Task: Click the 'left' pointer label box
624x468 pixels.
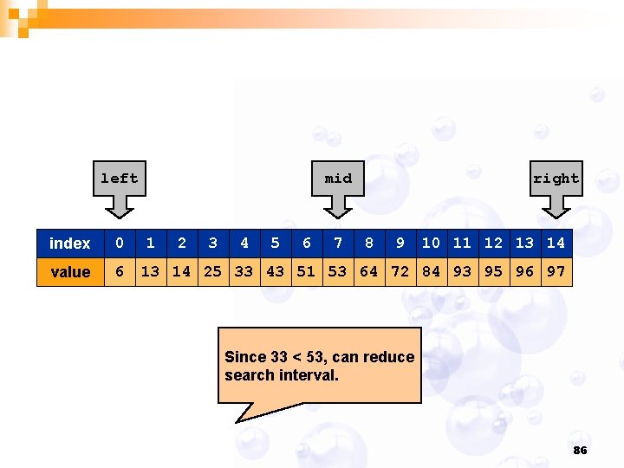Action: tap(120, 179)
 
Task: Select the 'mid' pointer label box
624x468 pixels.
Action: tap(338, 179)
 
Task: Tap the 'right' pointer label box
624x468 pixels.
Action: tap(556, 179)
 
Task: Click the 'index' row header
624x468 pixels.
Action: tap(70, 244)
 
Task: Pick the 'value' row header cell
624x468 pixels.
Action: tap(70, 272)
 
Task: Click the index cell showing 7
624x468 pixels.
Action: tap(338, 244)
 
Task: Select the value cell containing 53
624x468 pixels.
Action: tap(338, 272)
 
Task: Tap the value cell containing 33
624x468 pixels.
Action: tap(244, 272)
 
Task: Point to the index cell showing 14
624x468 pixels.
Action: tap(556, 244)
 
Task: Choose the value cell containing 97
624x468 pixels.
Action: tap(556, 272)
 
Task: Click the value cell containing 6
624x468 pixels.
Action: tap(120, 272)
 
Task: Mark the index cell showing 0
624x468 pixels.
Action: tap(120, 244)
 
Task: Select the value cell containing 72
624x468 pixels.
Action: tap(400, 272)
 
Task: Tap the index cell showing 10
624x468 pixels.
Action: tap(432, 244)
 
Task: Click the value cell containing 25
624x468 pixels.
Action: tap(213, 272)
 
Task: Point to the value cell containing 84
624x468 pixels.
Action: tap(432, 272)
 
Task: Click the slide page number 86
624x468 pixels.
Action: tap(580, 451)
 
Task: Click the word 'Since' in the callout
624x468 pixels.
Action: tap(245, 357)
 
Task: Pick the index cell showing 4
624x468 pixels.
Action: tap(244, 244)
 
